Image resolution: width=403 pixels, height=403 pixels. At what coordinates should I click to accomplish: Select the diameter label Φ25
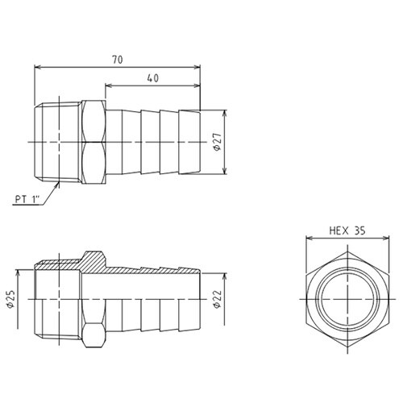point(10,302)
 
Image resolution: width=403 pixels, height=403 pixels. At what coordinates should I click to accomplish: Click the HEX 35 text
point(347,230)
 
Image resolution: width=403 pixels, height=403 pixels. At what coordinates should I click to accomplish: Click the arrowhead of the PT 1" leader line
point(60,182)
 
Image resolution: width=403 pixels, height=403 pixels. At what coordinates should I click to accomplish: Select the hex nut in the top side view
point(94,143)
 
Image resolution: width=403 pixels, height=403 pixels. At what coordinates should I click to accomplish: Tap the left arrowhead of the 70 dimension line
point(37,66)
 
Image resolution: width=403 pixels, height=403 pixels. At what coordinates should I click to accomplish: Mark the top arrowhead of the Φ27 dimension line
point(225,114)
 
